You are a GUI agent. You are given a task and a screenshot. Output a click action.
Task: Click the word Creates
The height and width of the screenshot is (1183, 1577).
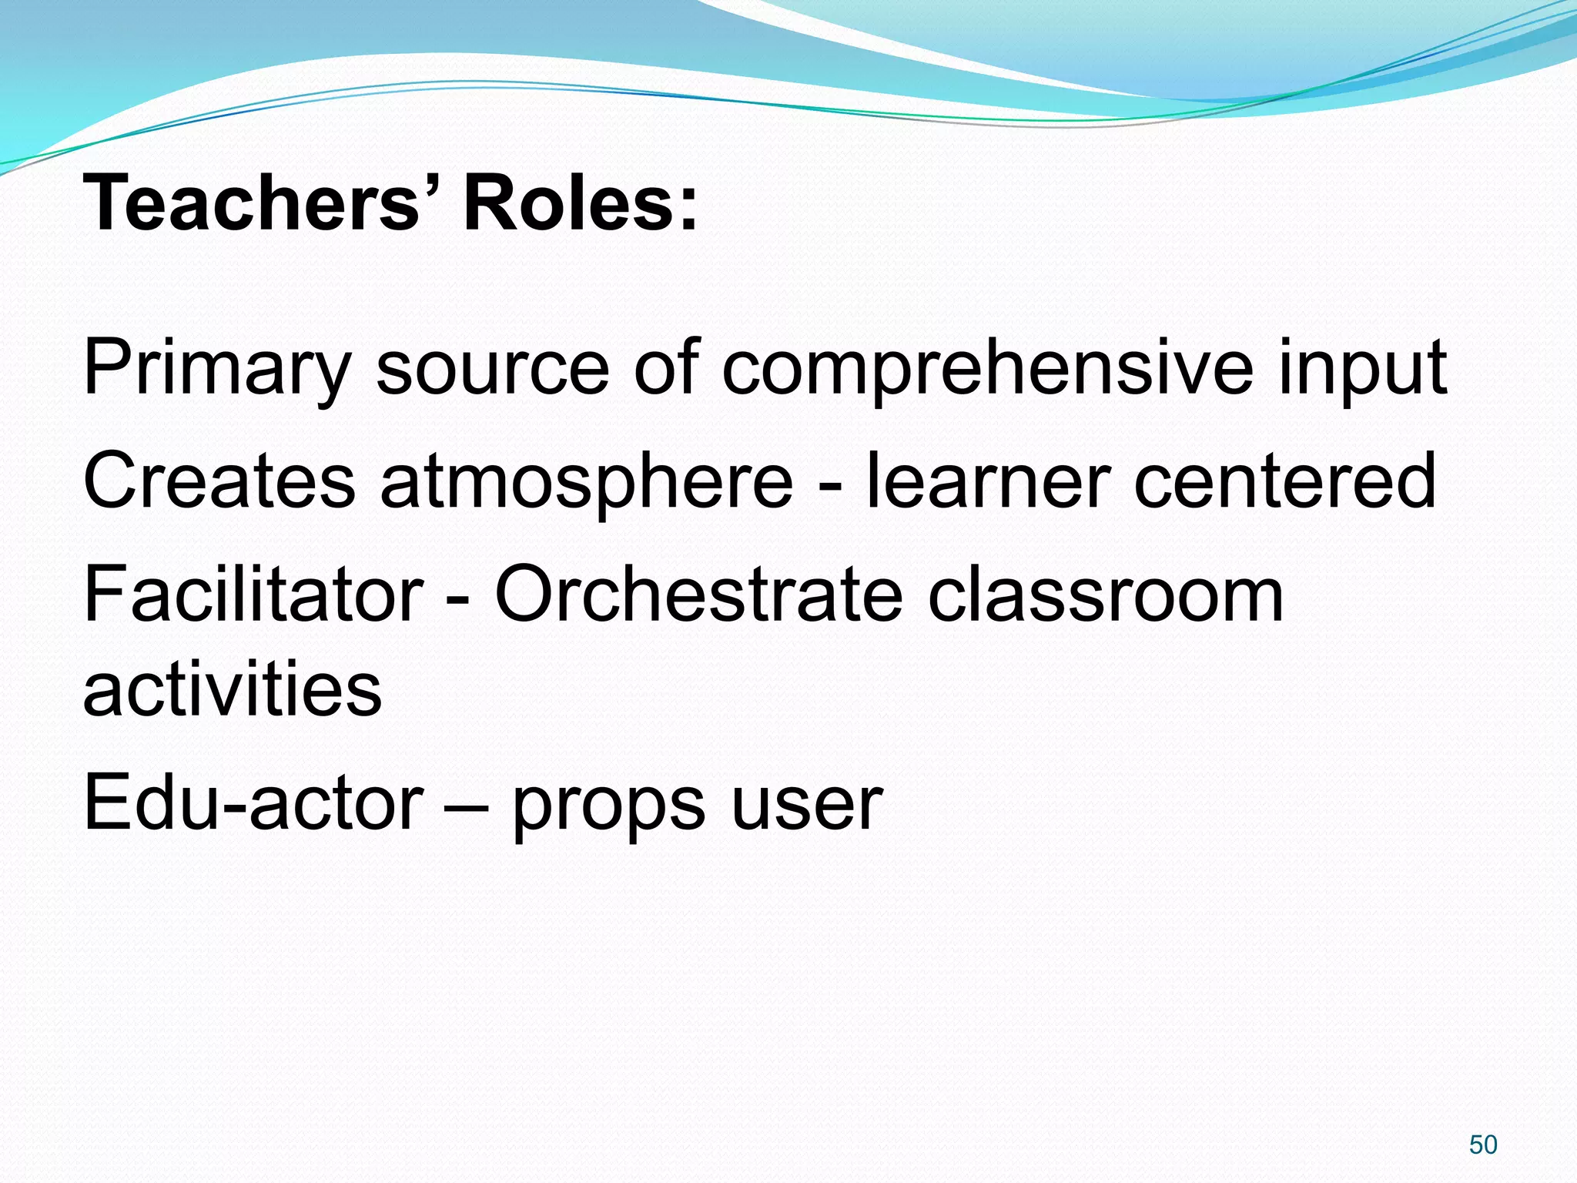tap(219, 481)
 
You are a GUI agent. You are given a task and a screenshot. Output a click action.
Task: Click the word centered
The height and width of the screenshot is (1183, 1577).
tap(1285, 481)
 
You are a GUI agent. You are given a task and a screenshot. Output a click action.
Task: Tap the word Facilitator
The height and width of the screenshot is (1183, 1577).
tap(253, 594)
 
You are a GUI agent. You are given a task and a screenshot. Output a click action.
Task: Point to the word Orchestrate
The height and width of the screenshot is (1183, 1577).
tap(698, 594)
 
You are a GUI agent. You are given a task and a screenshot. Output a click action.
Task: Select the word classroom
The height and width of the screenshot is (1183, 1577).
tap(1105, 594)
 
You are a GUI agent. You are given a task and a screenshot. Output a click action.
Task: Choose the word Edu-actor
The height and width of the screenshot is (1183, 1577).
tap(253, 803)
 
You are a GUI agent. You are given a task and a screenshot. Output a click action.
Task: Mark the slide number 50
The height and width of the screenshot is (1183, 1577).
tap(1483, 1144)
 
